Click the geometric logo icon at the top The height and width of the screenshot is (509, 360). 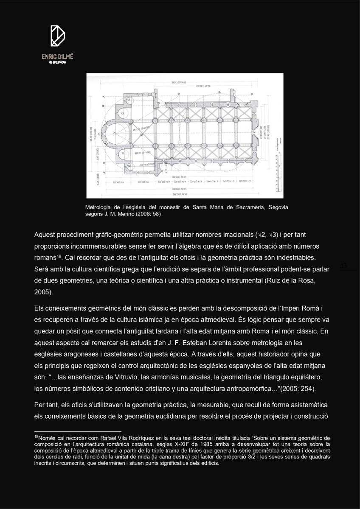pos(57,36)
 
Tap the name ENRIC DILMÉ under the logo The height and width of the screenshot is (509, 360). pos(57,56)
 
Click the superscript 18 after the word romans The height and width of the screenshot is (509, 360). pos(59,256)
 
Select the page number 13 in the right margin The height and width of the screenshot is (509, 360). pos(344,266)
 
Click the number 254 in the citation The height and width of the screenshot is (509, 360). pos(306,389)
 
